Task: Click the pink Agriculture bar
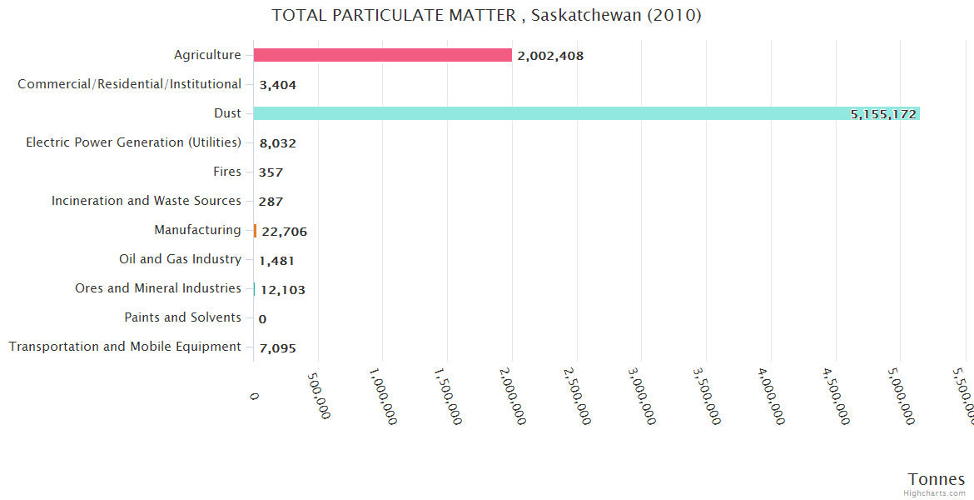[383, 55]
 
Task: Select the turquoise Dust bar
[583, 113]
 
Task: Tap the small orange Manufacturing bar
[255, 231]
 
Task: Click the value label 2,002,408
[550, 56]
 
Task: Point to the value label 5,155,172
[883, 114]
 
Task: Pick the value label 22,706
[284, 232]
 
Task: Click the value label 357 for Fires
[271, 172]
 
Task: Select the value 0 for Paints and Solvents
[262, 318]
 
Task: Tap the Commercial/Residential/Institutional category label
[129, 84]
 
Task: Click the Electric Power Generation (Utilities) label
[133, 142]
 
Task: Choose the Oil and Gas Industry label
[180, 259]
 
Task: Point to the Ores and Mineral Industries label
[158, 288]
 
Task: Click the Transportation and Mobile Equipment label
[125, 347]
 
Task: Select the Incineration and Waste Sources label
[147, 201]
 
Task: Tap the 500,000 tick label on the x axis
[317, 393]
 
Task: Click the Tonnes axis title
[936, 479]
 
